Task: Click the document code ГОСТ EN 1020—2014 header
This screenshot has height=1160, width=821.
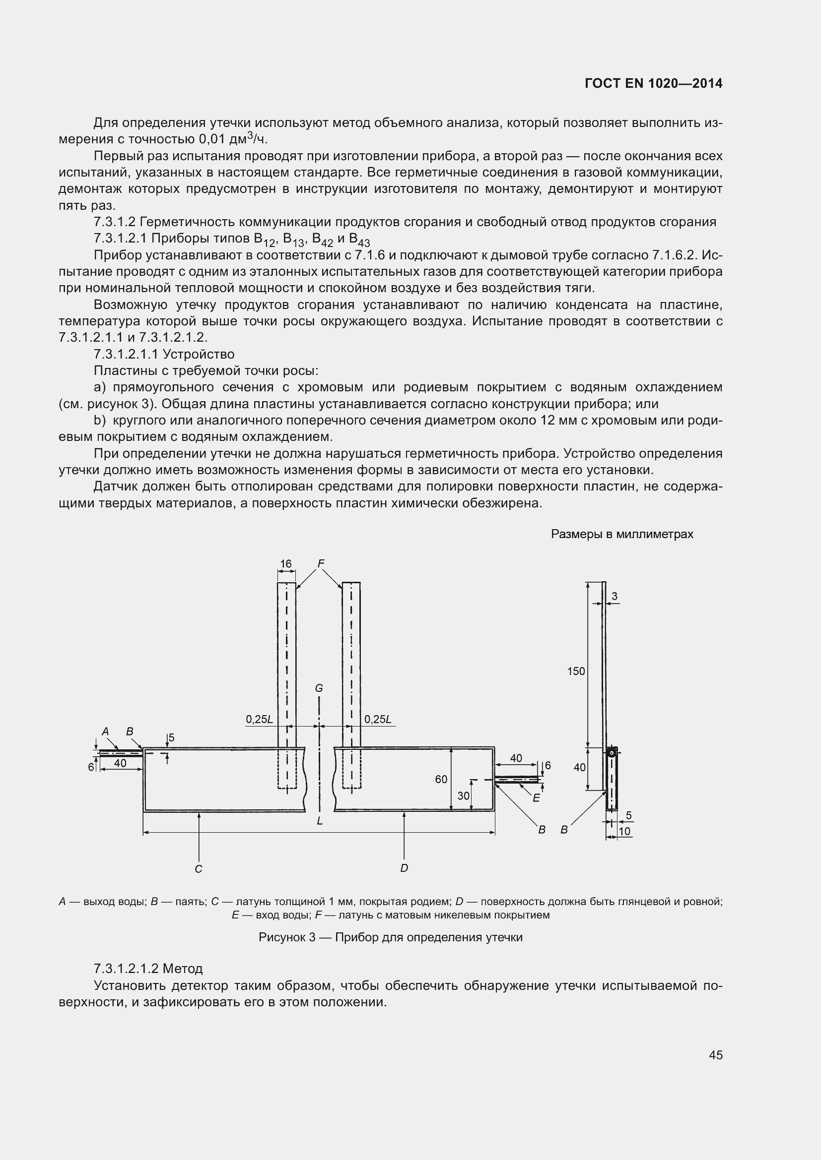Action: pos(653,83)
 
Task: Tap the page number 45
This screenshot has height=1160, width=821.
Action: pos(715,1055)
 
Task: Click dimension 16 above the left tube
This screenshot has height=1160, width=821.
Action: pos(285,564)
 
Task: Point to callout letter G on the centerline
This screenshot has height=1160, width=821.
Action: pos(319,688)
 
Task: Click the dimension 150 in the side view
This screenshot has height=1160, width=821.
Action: pos(576,671)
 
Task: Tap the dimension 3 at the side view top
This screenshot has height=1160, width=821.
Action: pos(614,596)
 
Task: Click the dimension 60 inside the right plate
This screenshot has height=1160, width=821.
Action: pos(441,779)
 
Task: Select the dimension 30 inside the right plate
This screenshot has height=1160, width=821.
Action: pos(463,796)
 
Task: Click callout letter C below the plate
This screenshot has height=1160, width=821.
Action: pos(198,868)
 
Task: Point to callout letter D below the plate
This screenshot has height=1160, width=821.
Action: pos(404,868)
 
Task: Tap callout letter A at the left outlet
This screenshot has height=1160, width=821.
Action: pos(105,731)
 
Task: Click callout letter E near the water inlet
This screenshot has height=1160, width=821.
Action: pos(536,798)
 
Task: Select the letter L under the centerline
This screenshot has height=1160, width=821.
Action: pos(320,821)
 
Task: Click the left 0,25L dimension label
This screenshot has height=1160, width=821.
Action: pos(259,720)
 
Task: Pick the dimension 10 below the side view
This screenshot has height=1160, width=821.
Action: pos(624,831)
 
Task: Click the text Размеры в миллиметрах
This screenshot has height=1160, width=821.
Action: pos(622,534)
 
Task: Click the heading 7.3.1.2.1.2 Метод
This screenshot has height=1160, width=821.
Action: pos(148,969)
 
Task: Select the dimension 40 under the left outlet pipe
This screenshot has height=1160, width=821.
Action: pos(120,763)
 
